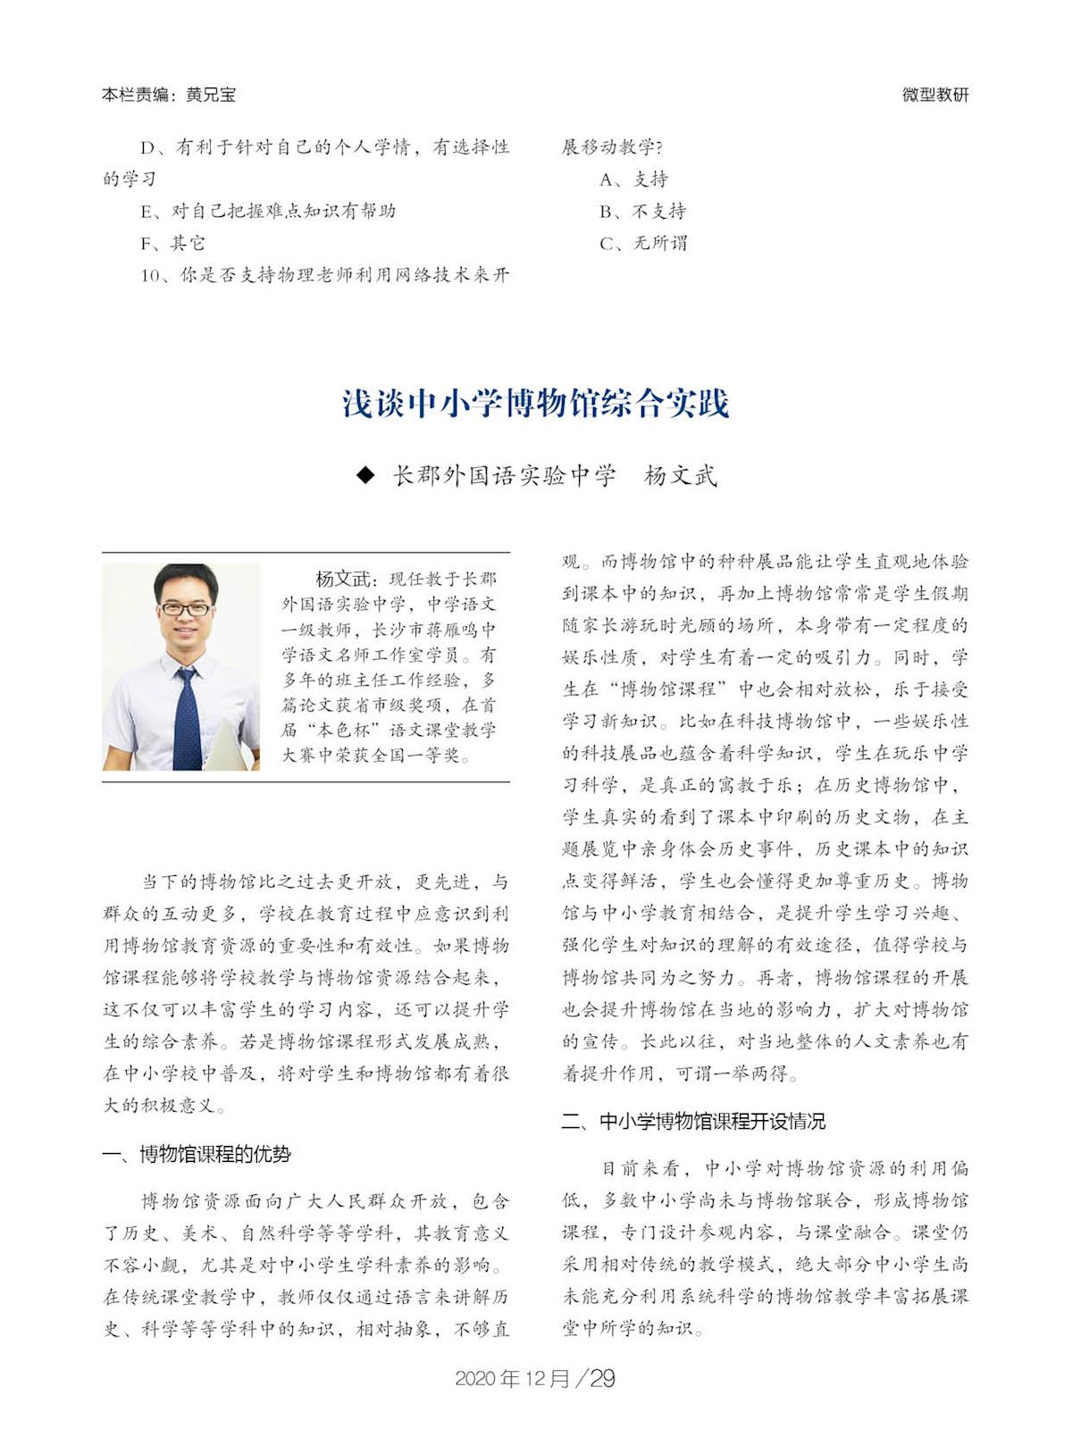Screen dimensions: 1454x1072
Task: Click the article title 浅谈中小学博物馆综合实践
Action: click(536, 404)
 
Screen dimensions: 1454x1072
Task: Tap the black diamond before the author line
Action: click(364, 475)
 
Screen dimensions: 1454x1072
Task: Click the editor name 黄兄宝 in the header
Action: click(211, 94)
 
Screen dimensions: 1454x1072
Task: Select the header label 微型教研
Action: click(935, 94)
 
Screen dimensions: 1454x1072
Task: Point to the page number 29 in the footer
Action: click(602, 1378)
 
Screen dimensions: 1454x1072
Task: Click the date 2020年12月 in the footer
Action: click(511, 1378)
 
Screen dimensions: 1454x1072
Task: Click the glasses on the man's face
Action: click(186, 609)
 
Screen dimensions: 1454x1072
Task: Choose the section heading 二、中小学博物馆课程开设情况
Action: click(693, 1121)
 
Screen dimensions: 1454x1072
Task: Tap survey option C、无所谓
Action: click(643, 243)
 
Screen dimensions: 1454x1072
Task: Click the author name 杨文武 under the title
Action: click(680, 475)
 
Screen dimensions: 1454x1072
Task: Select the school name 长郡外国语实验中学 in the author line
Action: click(504, 475)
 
